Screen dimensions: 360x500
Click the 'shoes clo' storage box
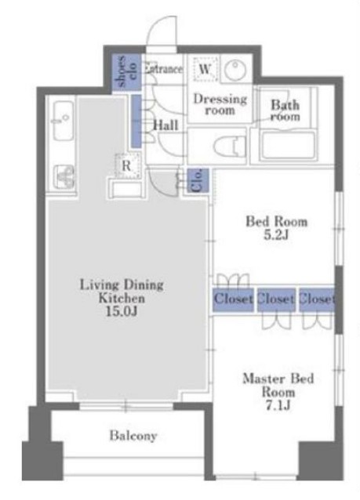tap(127, 72)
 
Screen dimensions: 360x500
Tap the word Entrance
tap(163, 69)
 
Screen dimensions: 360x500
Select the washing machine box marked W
tap(205, 68)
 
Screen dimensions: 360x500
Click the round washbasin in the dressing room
tap(235, 70)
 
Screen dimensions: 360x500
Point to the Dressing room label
tap(220, 104)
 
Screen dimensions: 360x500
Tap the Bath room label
tap(285, 111)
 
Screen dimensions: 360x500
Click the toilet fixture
tap(230, 147)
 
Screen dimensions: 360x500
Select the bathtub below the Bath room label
tap(289, 145)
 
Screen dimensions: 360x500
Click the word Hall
tap(165, 125)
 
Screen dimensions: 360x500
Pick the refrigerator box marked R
tap(127, 165)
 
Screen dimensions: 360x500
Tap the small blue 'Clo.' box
tap(198, 180)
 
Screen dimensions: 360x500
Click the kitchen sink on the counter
tap(64, 121)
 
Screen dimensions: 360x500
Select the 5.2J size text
tap(276, 235)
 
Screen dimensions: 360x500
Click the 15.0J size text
tap(122, 311)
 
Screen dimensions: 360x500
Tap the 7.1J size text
tap(278, 406)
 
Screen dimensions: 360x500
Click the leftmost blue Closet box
tap(233, 299)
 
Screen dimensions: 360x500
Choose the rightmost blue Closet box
tap(317, 299)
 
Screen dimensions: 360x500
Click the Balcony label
tap(133, 436)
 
